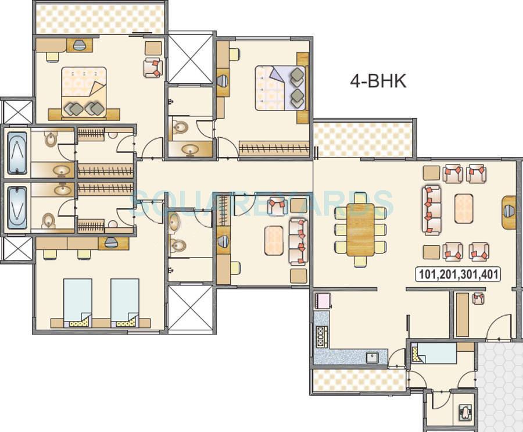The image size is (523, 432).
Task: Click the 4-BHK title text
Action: tap(378, 81)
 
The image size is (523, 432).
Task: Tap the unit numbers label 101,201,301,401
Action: tap(458, 274)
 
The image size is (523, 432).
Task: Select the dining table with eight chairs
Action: tap(360, 229)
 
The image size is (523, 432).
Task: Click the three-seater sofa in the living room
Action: tap(431, 210)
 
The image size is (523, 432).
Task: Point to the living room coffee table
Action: tap(463, 208)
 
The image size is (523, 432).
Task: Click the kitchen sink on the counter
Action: tap(372, 357)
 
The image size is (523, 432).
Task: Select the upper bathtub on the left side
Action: tap(17, 153)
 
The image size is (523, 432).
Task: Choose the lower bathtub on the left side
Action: tap(17, 208)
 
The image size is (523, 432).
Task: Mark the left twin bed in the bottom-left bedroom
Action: tap(77, 301)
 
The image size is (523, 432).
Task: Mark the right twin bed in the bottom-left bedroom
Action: tap(124, 301)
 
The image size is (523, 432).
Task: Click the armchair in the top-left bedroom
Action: tap(152, 68)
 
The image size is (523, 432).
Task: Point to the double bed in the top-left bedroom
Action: tap(84, 92)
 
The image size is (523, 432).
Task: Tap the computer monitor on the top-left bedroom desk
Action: tap(80, 45)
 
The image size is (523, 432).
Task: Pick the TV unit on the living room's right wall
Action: tap(508, 212)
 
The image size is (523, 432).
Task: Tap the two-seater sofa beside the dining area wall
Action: tap(298, 241)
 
